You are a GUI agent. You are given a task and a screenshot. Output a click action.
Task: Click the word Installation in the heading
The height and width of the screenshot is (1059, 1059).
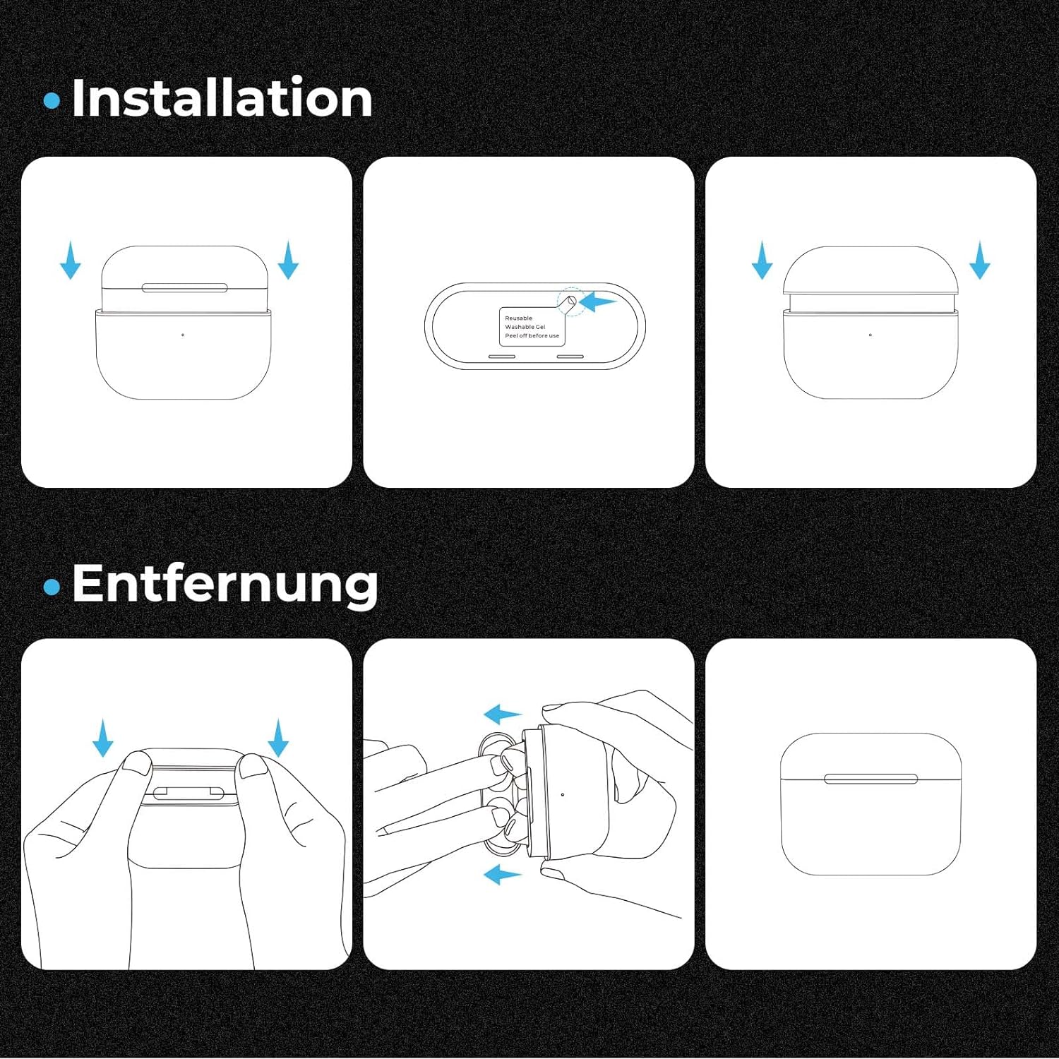[x=222, y=97]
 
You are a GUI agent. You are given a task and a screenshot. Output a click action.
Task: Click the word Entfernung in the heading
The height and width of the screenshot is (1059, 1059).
[x=225, y=584]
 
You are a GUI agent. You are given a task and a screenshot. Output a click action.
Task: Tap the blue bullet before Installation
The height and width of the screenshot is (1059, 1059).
[x=52, y=100]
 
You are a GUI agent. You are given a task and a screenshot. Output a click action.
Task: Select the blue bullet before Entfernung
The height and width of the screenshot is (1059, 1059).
[x=52, y=587]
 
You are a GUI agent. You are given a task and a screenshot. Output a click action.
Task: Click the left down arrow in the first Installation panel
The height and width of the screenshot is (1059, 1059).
[x=70, y=260]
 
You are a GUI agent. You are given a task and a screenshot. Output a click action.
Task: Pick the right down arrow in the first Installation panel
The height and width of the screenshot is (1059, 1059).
[x=288, y=260]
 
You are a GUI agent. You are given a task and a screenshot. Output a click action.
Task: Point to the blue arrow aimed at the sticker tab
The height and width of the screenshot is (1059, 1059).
[x=597, y=302]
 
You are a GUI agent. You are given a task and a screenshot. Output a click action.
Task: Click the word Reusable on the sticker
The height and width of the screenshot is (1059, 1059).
[x=518, y=318]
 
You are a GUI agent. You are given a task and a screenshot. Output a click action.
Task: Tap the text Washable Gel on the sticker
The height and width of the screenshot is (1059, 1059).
[x=525, y=327]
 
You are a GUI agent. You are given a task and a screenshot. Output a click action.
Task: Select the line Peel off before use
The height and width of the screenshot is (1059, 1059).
[x=532, y=335]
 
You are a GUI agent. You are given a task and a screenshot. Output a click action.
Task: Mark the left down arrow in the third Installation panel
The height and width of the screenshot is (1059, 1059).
[x=762, y=260]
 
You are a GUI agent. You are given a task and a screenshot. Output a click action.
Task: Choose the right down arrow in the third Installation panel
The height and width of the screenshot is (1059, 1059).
[x=979, y=260]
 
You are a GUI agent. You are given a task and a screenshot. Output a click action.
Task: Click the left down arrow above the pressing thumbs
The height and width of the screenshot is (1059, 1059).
[x=103, y=738]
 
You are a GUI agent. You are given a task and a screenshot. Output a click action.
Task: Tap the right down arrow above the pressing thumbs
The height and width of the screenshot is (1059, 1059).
[x=278, y=738]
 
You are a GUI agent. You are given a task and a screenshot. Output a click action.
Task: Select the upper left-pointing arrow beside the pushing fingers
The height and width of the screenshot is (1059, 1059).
[x=502, y=714]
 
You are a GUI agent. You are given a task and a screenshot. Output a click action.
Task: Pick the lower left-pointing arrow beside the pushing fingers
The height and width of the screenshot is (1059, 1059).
[x=502, y=875]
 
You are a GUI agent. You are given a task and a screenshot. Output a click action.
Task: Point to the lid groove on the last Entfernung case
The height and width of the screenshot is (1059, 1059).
[x=871, y=779]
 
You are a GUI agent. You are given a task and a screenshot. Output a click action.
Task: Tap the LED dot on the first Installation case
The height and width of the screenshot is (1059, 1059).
[x=183, y=335]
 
